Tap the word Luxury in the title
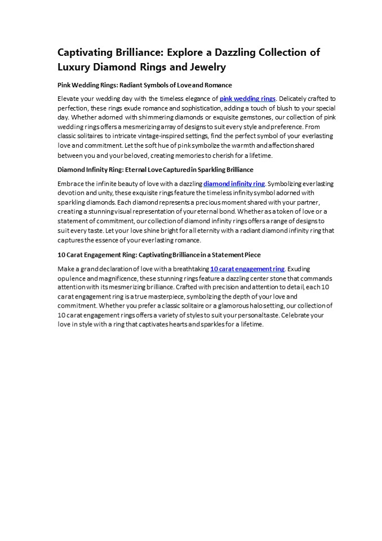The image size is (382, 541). [x=77, y=67]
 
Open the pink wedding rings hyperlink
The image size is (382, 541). [x=247, y=99]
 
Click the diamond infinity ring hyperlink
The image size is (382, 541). [x=234, y=184]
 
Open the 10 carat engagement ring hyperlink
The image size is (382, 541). [x=247, y=269]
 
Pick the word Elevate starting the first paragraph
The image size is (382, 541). [x=69, y=99]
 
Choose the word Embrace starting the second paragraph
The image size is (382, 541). [x=71, y=184]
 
